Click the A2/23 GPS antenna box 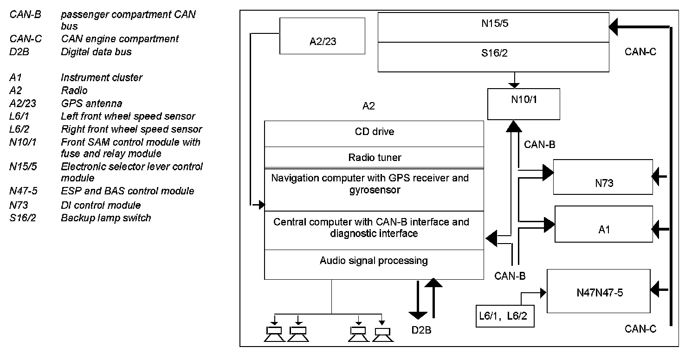tap(322, 36)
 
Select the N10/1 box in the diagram tap(523, 104)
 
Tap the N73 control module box tap(603, 177)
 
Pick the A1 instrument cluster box tap(604, 224)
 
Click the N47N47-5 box tap(600, 291)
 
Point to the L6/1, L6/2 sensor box tap(505, 316)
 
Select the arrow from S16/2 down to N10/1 tap(514, 80)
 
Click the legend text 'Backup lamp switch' tap(106, 218)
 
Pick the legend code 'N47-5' tap(23, 191)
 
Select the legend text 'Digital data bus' tap(96, 51)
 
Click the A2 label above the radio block tap(368, 106)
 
